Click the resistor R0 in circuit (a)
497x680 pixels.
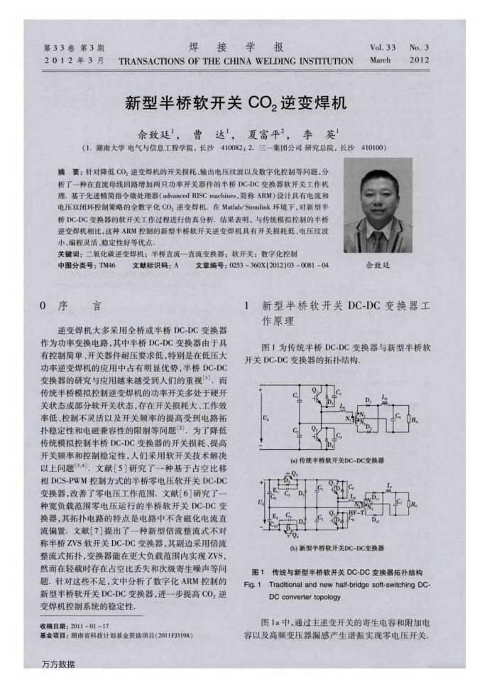414,420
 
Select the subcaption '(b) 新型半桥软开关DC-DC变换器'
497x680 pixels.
337,548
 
